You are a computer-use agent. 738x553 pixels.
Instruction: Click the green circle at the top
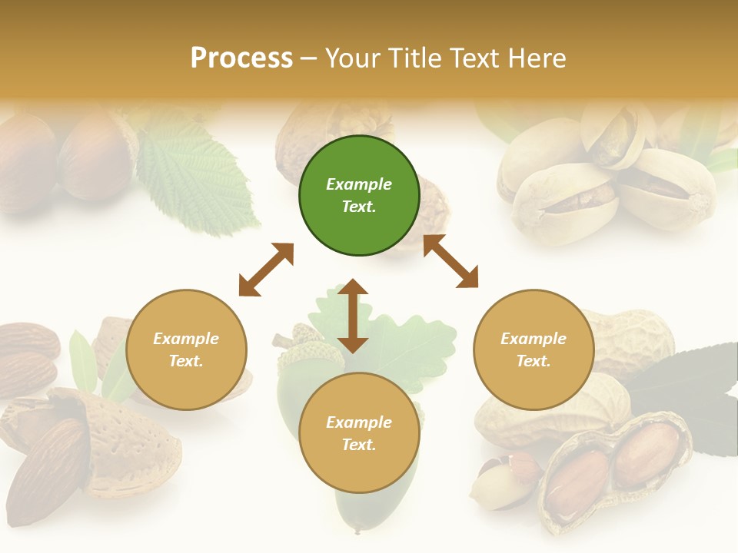click(x=359, y=196)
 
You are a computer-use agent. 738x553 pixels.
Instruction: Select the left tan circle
click(x=186, y=350)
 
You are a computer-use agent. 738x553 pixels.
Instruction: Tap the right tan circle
click(x=534, y=350)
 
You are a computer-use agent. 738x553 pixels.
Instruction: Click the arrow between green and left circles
click(x=266, y=270)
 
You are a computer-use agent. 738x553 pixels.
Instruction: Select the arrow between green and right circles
click(x=450, y=262)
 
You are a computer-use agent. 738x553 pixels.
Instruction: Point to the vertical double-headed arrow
click(x=353, y=316)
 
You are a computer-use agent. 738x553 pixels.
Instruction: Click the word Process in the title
click(x=241, y=58)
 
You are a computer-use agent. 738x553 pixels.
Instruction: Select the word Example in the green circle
click(x=359, y=184)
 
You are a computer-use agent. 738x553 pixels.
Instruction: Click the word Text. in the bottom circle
click(x=359, y=445)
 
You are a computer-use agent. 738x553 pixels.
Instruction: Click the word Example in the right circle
click(x=534, y=339)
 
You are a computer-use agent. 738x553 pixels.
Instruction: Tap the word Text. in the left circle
click(x=186, y=361)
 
